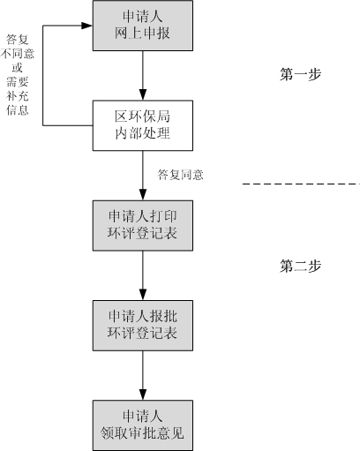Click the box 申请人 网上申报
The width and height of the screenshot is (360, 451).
coord(142,26)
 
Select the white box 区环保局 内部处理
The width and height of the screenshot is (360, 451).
coord(142,125)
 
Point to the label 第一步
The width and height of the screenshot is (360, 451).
coord(299,74)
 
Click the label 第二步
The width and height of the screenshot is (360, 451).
coord(299,265)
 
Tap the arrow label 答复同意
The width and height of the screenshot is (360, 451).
coord(181,175)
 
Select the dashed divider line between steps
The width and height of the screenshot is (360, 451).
coord(300,184)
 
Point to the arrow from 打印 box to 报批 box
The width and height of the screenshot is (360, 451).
coord(142,274)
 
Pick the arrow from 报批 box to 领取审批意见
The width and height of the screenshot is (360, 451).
coord(142,374)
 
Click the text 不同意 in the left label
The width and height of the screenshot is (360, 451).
coord(18,54)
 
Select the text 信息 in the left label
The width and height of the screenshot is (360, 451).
coord(18,110)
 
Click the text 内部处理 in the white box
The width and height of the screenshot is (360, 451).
coord(142,134)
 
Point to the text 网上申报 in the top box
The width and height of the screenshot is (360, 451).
coord(142,34)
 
